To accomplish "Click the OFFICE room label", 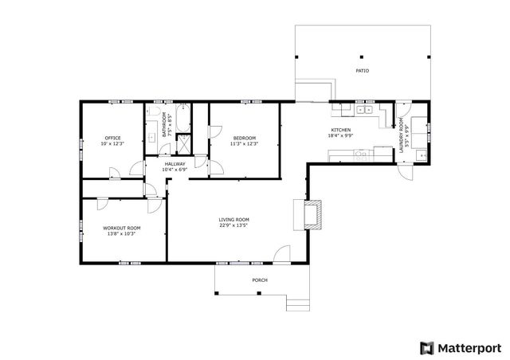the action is click(112, 138).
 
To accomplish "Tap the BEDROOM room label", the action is click(245, 138).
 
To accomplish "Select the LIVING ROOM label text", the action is click(233, 220).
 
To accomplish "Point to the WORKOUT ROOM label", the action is click(122, 228).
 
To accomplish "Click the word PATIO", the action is click(363, 71).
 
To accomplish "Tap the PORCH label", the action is click(260, 280).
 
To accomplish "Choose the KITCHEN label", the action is click(341, 130).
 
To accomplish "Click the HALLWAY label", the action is click(175, 164).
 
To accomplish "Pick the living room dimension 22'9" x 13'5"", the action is click(233, 225).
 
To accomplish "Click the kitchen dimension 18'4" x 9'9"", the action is click(341, 135).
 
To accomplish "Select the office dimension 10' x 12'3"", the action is click(112, 143).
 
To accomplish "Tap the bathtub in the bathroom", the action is click(183, 118).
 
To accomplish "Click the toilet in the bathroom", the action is click(152, 111).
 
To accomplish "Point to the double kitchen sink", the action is click(364, 110).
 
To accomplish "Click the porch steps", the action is click(297, 303).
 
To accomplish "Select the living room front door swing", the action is click(281, 253).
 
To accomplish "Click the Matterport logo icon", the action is click(427, 348).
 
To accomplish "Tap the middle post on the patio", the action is click(361, 57).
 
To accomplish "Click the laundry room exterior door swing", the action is click(406, 172).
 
